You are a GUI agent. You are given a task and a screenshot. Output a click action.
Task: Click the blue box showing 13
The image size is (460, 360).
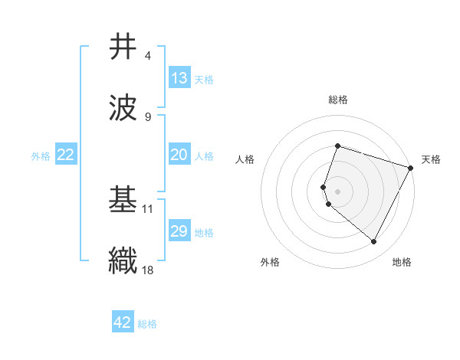coord(179,78)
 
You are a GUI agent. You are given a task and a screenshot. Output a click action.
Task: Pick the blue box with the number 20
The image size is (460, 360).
coord(179,155)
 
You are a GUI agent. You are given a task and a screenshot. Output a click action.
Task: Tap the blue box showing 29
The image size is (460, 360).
coord(179,231)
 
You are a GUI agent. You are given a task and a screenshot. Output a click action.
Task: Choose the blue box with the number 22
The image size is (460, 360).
coord(66,155)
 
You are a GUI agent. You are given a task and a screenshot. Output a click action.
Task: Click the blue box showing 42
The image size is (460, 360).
coord(123,322)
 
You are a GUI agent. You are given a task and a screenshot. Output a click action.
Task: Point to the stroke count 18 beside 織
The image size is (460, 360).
coord(147,269)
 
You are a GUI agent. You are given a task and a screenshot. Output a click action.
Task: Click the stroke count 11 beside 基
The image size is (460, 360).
coord(148,208)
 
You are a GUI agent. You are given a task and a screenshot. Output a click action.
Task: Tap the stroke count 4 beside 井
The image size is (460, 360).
coord(148,56)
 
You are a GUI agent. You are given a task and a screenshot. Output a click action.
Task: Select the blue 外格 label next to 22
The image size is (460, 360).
coord(41,156)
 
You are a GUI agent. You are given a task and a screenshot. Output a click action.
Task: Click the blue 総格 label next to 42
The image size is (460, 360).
coord(147,324)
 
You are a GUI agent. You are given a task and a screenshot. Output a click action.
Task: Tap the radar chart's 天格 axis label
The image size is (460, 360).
coord(431,159)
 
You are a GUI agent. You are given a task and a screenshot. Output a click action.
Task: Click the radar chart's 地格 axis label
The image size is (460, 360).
coord(402,262)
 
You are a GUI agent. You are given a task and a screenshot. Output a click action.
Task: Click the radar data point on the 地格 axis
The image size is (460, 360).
coord(374,242)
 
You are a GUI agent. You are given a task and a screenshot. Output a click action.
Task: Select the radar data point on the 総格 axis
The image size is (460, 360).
coord(337,146)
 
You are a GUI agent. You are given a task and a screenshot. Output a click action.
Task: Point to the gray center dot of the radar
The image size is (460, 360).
coord(337,191)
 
